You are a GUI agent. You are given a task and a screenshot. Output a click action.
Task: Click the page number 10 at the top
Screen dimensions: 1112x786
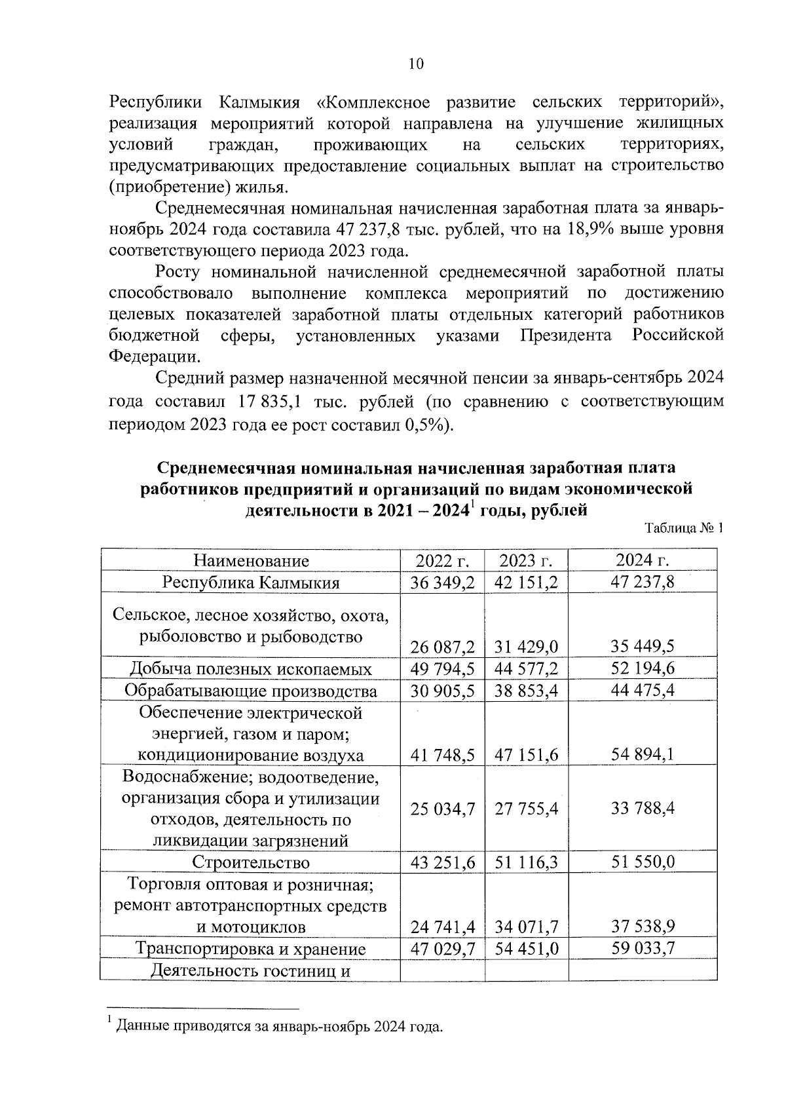point(416,64)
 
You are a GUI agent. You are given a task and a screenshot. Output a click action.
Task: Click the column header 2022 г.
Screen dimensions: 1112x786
point(442,561)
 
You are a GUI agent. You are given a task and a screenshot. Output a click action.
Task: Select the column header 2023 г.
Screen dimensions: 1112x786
point(526,561)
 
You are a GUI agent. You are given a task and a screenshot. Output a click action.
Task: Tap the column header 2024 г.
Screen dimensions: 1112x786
point(642,560)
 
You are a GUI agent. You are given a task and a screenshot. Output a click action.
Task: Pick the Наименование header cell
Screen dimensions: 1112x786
point(251,561)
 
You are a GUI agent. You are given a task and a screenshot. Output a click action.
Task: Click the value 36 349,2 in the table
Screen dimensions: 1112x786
point(442,583)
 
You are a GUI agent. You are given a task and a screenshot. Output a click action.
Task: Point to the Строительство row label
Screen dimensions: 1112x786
point(251,863)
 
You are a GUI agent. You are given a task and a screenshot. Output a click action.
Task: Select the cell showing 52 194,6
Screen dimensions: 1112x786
point(643,668)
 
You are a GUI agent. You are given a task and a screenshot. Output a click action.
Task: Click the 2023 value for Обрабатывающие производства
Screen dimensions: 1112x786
point(527,691)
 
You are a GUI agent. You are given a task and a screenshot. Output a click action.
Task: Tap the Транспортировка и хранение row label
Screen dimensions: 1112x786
point(250,949)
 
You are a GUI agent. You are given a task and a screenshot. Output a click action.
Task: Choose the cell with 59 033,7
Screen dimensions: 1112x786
point(643,948)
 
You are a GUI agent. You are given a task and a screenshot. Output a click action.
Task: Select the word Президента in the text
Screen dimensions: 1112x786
point(566,336)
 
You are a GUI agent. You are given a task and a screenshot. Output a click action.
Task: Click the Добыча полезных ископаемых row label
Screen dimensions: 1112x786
point(251,669)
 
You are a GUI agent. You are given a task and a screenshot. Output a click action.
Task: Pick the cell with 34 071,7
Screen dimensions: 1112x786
point(527,927)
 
